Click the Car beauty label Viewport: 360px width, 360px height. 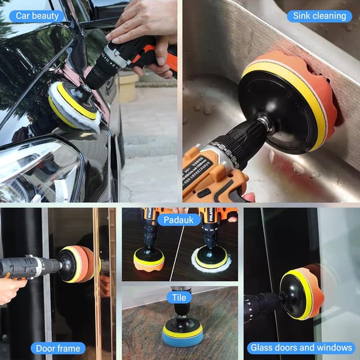coord(37,15)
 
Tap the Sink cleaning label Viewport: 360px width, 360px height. coord(319,15)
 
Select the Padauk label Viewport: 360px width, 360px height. coord(179,220)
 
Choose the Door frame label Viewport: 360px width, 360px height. coord(58,348)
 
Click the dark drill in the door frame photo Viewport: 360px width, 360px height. coord(28,267)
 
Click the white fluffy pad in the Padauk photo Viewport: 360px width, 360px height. coord(211,259)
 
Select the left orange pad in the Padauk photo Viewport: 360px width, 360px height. coord(148,260)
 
